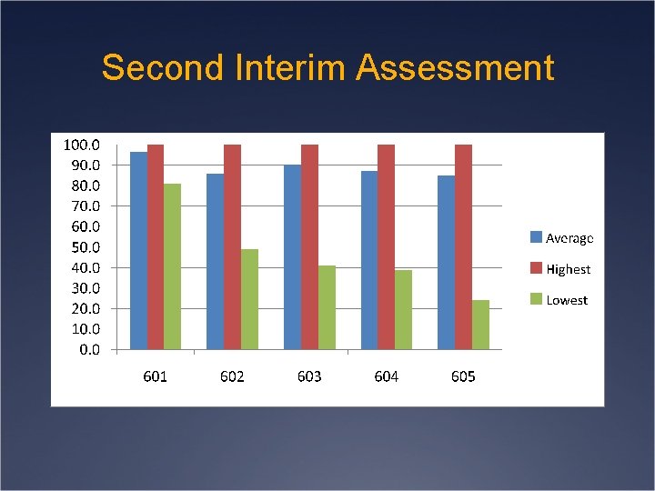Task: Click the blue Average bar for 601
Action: click(x=138, y=250)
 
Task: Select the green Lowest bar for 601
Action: click(x=172, y=266)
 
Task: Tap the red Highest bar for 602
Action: click(x=232, y=246)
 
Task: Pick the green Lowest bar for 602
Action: click(x=249, y=299)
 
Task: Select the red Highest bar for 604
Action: click(x=386, y=246)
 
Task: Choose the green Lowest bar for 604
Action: click(x=403, y=309)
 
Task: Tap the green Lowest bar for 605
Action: click(x=480, y=325)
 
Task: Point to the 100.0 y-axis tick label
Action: click(x=81, y=145)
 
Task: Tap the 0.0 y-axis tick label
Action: click(x=87, y=350)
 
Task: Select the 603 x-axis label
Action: click(x=309, y=376)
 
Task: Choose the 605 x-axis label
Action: click(x=463, y=376)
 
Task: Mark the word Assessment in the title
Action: click(x=454, y=68)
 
